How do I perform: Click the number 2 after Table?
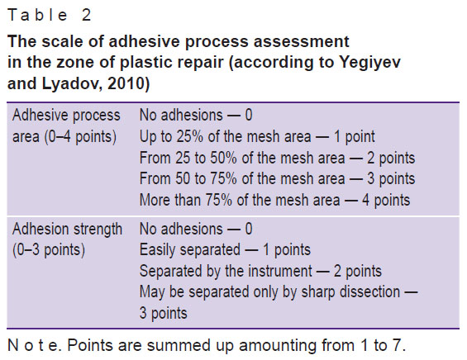pos(86,15)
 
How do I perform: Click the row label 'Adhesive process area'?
pos(66,126)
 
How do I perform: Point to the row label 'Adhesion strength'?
pos(67,229)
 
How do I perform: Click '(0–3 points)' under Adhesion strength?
pos(49,249)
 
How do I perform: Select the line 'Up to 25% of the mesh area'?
pos(257,137)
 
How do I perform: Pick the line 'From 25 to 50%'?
pos(277,158)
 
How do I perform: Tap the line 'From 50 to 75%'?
pos(277,179)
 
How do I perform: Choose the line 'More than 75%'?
pos(275,200)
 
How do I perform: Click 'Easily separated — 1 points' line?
pos(225,249)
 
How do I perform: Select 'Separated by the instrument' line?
pos(260,271)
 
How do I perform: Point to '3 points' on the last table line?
pos(163,313)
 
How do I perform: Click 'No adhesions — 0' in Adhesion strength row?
pos(196,229)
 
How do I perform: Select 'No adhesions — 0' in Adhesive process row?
pos(196,115)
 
